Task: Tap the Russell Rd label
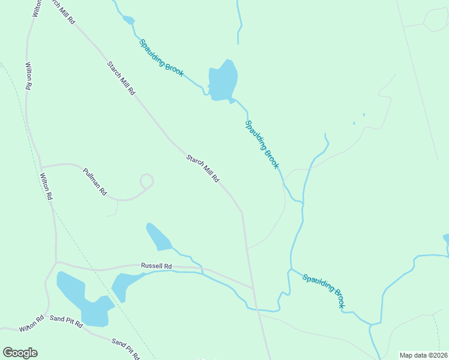(156, 266)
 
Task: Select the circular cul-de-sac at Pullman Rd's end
(146, 181)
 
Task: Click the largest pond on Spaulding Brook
(223, 80)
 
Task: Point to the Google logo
(20, 353)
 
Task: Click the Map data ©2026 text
(423, 355)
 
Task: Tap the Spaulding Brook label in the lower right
(324, 291)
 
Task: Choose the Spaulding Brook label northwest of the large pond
(161, 58)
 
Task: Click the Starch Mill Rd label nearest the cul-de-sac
(202, 169)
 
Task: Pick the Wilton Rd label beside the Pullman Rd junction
(46, 186)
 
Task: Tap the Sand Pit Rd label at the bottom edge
(125, 349)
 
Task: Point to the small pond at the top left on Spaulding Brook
(128, 20)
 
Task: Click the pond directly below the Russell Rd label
(125, 286)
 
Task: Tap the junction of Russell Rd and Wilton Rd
(56, 262)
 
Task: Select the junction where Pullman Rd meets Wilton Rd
(40, 166)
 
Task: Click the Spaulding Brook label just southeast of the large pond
(262, 144)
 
